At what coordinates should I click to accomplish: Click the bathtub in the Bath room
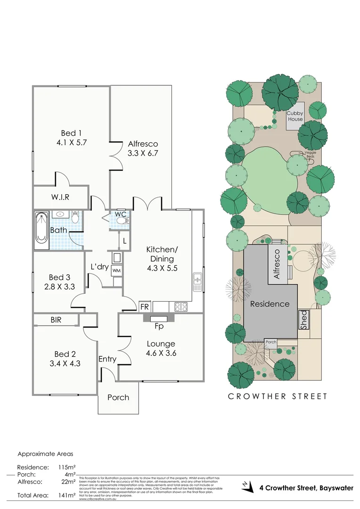click(x=41, y=231)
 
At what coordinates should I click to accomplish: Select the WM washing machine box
click(x=117, y=271)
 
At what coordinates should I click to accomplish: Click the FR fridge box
click(x=145, y=307)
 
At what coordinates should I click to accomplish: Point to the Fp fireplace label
click(x=159, y=326)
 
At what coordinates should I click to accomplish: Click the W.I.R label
click(x=60, y=197)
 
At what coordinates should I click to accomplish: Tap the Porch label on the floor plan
click(x=118, y=397)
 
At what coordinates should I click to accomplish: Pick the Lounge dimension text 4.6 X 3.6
click(x=161, y=353)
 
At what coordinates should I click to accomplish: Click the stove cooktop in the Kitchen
click(x=181, y=306)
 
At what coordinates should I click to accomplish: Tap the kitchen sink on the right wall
click(x=197, y=282)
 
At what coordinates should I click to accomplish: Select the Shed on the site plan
click(x=304, y=320)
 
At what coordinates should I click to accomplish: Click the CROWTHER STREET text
click(x=278, y=396)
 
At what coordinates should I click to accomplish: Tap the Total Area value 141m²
click(x=68, y=495)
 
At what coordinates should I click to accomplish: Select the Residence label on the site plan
click(x=270, y=304)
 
